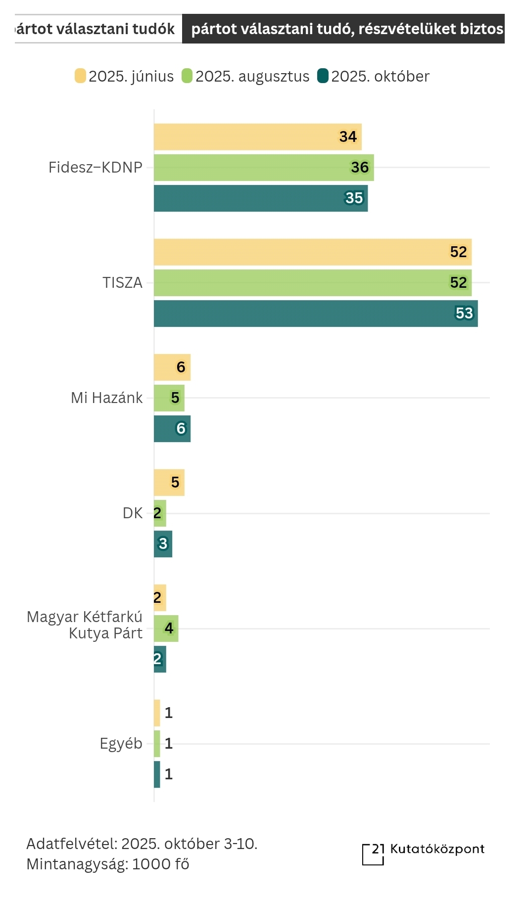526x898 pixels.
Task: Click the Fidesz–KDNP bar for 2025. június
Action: [x=257, y=137]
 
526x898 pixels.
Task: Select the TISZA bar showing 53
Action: [x=316, y=314]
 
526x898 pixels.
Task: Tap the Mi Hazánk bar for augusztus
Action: [x=169, y=398]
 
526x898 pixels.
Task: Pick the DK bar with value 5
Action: [x=169, y=483]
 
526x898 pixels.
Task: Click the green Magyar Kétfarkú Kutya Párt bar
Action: [x=166, y=629]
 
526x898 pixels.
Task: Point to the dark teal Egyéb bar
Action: [x=157, y=774]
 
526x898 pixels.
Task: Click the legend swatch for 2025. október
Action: [x=323, y=76]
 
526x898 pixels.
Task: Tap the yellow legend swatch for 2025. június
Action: [x=80, y=76]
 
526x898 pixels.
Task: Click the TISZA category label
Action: [x=122, y=283]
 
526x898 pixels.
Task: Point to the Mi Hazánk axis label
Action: [x=106, y=398]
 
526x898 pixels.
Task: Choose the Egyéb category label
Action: [x=121, y=744]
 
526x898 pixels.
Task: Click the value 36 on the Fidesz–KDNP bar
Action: [x=360, y=168]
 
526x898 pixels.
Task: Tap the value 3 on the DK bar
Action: [x=163, y=544]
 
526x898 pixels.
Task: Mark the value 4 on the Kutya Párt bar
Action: [x=169, y=629]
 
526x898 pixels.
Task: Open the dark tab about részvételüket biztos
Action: [x=346, y=29]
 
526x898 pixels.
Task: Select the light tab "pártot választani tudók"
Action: [x=96, y=29]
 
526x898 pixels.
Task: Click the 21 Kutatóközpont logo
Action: [x=423, y=854]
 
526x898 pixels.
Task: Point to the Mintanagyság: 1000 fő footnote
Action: [x=108, y=864]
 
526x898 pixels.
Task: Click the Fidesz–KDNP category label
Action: [x=96, y=168]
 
